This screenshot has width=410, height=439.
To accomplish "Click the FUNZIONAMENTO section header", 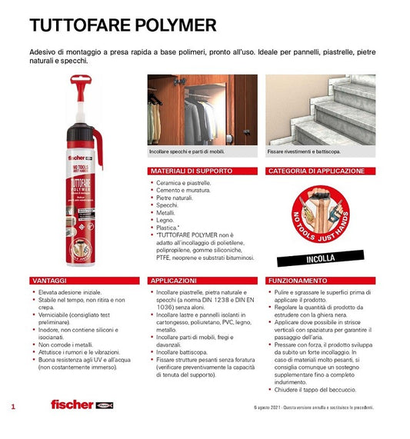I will coord(295,281).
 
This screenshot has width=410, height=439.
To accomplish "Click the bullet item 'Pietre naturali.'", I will coord(176,198).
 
